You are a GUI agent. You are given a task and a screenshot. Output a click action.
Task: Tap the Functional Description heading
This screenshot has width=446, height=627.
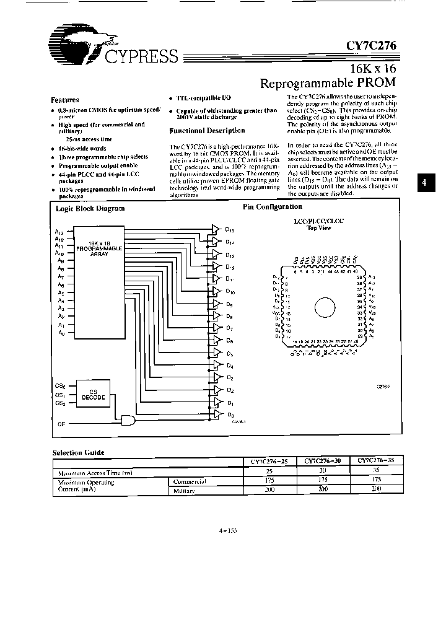tap(207, 131)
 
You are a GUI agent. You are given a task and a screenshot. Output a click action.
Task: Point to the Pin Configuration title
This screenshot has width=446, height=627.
tap(273, 207)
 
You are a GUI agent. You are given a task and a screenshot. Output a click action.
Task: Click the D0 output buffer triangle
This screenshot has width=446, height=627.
tap(216, 414)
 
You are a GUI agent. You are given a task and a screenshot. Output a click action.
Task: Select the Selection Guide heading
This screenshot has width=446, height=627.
tap(78, 453)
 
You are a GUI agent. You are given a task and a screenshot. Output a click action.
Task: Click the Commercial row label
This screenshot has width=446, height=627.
tap(189, 481)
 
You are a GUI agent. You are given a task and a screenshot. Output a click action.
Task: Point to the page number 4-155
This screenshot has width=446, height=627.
tap(228, 530)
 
